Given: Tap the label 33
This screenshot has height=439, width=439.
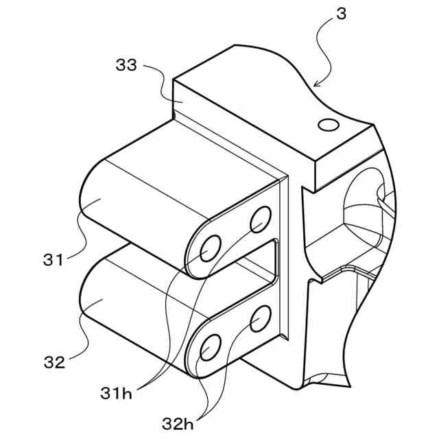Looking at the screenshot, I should click(126, 67).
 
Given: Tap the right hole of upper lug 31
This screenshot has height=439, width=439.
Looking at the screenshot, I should click(260, 219).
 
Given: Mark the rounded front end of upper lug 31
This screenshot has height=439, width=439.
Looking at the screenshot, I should click(96, 206).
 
